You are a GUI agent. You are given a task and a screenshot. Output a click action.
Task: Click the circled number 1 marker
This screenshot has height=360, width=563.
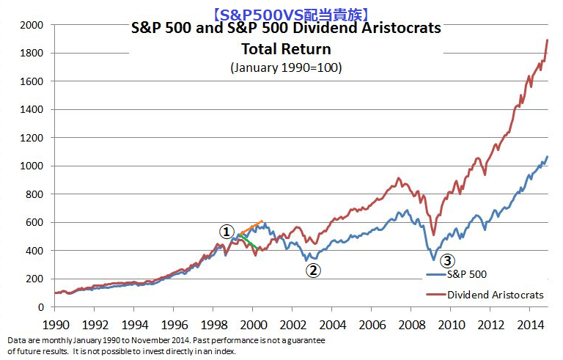228,230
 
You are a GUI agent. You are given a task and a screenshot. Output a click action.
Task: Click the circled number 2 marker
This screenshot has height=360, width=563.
313,270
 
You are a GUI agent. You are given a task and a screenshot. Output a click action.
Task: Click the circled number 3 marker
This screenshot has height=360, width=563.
447,260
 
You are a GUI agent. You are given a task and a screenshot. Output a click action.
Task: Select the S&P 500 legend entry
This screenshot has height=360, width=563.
467,274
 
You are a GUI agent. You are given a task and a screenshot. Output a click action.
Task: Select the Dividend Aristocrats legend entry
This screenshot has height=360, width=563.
496,294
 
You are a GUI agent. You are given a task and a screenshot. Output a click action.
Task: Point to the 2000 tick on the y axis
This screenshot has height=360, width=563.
32,25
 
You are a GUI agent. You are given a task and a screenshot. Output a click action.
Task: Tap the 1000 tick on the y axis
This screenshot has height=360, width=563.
32,166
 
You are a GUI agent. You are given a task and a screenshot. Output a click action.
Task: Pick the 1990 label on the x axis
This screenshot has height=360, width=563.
55,323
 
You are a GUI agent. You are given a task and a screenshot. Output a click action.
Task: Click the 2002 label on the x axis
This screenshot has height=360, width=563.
293,323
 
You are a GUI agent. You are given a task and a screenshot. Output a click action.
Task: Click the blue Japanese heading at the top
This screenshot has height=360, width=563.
285,12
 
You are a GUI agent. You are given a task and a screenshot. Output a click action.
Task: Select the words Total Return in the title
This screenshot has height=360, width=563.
286,49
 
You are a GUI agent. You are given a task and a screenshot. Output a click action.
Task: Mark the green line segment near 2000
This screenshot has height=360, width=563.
249,242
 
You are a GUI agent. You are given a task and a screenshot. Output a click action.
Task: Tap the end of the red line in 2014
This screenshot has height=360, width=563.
548,40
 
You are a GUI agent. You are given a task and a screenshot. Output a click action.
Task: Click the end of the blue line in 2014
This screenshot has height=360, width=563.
547,157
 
